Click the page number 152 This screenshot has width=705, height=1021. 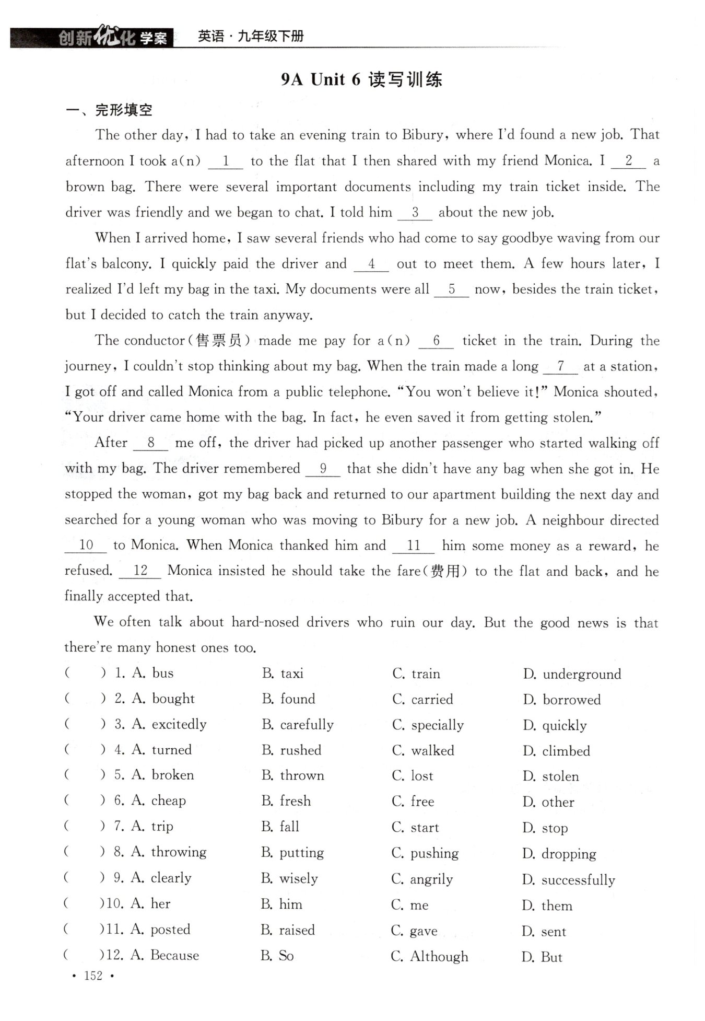(93, 976)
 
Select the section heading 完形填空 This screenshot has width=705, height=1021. (123, 110)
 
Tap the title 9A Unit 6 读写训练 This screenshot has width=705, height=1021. (361, 79)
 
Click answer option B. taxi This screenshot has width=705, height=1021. (283, 673)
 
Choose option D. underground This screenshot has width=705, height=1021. (572, 674)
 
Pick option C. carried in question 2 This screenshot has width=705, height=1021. (422, 699)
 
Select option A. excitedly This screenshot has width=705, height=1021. (169, 724)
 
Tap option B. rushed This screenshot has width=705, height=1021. (291, 750)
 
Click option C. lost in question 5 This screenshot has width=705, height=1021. (413, 776)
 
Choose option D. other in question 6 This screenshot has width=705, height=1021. (548, 802)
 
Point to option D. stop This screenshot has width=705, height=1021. (545, 828)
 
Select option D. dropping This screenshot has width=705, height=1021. (559, 854)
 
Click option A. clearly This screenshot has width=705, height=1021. (161, 878)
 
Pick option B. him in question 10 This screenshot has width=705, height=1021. (281, 904)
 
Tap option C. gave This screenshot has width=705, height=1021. (414, 931)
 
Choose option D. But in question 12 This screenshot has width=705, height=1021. (542, 957)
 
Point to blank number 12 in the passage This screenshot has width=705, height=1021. (140, 571)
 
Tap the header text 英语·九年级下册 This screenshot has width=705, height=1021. (251, 37)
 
